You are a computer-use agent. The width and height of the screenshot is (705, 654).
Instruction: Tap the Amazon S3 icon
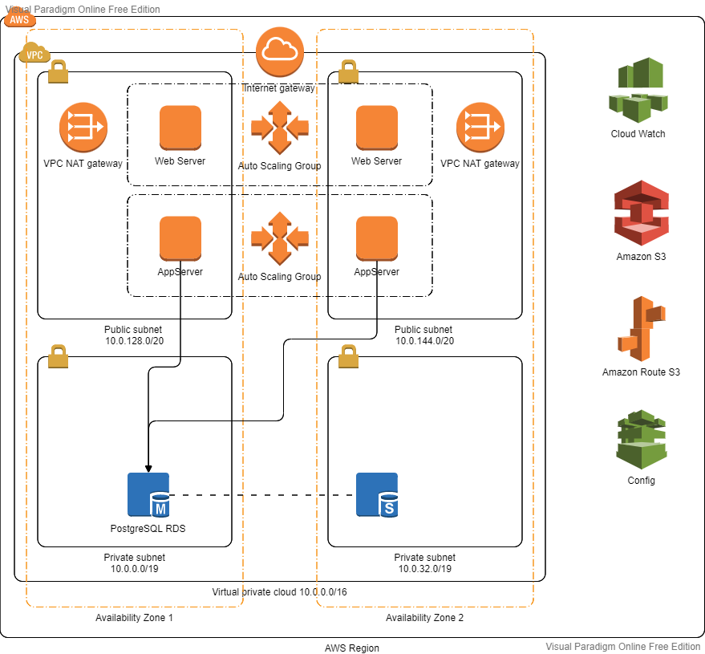(x=641, y=213)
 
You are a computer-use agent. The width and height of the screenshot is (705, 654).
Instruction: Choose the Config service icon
(x=641, y=440)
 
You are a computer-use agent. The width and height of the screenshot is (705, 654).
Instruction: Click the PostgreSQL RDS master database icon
(x=148, y=494)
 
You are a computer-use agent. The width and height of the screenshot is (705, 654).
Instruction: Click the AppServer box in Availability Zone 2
(x=376, y=238)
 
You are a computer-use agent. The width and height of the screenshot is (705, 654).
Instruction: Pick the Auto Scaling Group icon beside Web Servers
(x=279, y=127)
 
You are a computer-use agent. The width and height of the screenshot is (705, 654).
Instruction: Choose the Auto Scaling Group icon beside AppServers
(x=279, y=238)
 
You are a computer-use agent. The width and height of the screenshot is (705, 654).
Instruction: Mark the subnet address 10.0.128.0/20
(x=133, y=341)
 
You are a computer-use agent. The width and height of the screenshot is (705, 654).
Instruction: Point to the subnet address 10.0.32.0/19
(x=424, y=569)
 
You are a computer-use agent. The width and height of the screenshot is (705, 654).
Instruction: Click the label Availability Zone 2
(x=424, y=618)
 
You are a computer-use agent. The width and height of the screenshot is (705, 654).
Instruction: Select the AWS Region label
(x=352, y=648)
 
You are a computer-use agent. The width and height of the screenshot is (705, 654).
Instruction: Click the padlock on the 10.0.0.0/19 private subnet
(x=58, y=355)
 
